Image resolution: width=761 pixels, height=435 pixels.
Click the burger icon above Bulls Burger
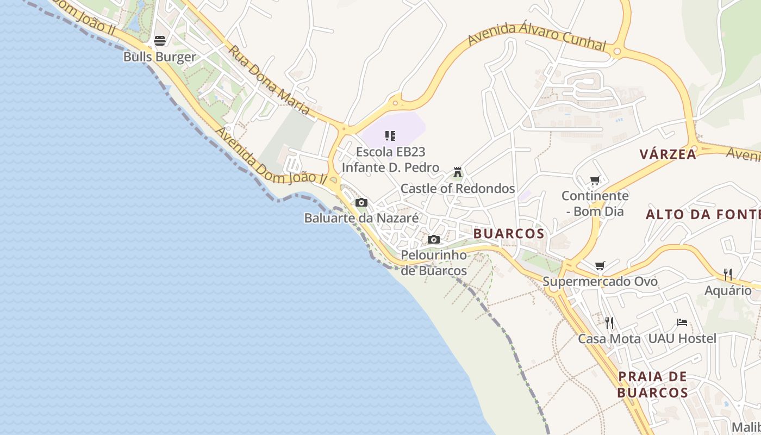[x=159, y=40]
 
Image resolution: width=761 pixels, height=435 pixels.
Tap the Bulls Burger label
[x=159, y=57]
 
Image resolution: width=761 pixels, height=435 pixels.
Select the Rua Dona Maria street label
[x=269, y=80]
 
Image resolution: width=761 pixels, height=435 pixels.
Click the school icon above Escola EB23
[x=390, y=135]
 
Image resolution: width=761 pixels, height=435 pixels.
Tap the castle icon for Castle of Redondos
[x=458, y=172]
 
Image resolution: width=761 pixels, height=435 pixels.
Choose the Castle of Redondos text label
[x=458, y=189]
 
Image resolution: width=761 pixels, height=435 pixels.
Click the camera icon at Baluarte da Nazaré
[x=361, y=203]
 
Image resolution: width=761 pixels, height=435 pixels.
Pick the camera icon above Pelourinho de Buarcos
[x=433, y=239]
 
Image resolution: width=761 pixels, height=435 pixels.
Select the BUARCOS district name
[x=509, y=234]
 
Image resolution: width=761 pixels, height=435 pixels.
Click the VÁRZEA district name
[x=668, y=154]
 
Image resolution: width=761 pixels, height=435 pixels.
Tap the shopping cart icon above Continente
[x=595, y=180]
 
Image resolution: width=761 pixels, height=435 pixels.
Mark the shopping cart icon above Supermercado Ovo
[x=600, y=266]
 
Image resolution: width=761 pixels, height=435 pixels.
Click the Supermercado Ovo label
[x=600, y=282]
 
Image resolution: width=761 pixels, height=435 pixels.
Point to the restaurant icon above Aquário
[x=728, y=275]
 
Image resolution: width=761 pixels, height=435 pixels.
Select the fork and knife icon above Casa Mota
[x=609, y=323]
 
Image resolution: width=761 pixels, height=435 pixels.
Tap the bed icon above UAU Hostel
[x=682, y=322]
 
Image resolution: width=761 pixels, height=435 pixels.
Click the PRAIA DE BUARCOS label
[x=653, y=384]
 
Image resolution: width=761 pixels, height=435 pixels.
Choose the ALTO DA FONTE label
[x=703, y=215]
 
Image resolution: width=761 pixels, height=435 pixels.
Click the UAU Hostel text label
[x=682, y=339]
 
